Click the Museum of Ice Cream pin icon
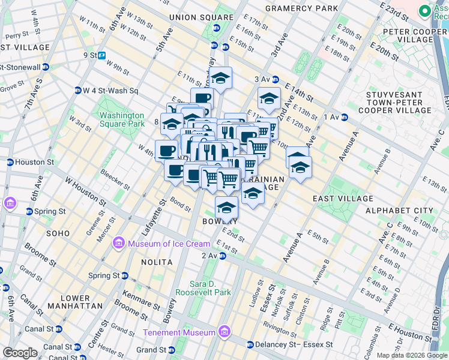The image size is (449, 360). tap(119, 244)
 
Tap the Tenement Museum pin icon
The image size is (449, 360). tap(224, 332)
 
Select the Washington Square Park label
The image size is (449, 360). tap(122, 119)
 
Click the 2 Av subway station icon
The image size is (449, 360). tap(222, 256)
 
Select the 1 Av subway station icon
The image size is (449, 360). tap(344, 117)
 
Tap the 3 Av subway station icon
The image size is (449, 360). tap(275, 79)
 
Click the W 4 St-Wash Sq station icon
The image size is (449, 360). tap(77, 91)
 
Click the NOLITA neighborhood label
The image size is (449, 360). tap(157, 262)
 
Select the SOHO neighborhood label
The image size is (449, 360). tap(58, 233)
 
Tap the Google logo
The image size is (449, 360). tap(20, 353)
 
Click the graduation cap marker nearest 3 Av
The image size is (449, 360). tap(269, 98)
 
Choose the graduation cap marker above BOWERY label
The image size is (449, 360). tap(226, 208)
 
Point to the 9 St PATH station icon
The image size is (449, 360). tap(102, 55)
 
